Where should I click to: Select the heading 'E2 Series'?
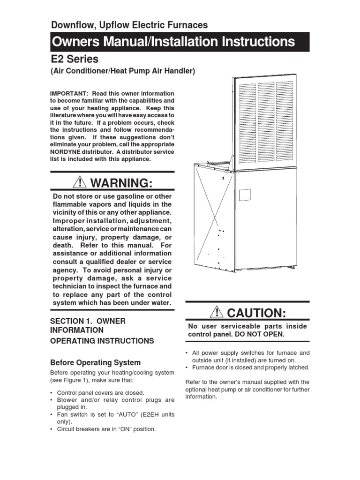(75, 59)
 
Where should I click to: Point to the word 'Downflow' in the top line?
(70, 25)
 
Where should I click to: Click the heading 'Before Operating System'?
(95, 362)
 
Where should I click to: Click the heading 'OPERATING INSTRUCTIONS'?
(102, 341)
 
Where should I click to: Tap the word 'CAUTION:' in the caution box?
(256, 312)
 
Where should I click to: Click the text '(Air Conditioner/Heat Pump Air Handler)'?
(122, 71)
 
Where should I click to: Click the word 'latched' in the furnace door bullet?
(298, 367)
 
